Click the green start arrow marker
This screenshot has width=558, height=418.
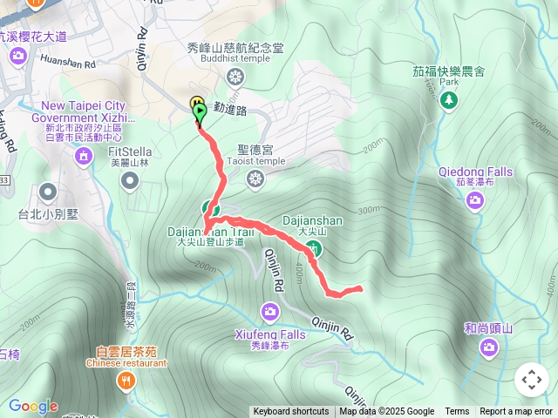[201, 112]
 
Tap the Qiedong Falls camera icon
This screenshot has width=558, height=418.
[475, 201]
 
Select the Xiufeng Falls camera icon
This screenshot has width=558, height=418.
[270, 311]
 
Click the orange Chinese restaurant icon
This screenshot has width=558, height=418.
[127, 380]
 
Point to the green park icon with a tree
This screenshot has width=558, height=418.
[449, 101]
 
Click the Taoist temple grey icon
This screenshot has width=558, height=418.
[255, 179]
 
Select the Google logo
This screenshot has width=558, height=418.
[33, 406]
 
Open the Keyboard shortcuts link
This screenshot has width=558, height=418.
[291, 412]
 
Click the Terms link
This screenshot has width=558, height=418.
[457, 412]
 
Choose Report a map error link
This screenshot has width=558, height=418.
[516, 412]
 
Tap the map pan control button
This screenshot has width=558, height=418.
[531, 380]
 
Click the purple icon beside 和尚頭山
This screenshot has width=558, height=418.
[489, 348]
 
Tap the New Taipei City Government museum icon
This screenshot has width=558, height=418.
[84, 157]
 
